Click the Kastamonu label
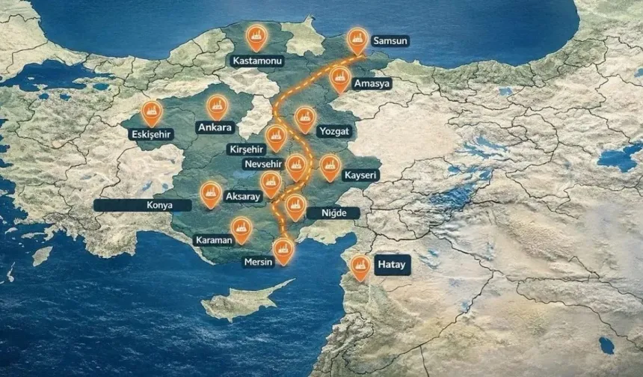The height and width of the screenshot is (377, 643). point(256,59)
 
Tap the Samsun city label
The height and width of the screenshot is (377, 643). point(390,41)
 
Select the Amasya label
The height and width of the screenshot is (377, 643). point(372,83)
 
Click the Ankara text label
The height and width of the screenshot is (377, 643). point(215,127)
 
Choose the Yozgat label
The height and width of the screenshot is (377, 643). point(334,130)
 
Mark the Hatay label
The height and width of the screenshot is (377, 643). point(392,265)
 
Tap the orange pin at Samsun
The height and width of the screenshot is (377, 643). point(358,40)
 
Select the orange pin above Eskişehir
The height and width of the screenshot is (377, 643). point(152,112)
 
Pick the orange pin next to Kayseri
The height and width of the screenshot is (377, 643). point(330,166)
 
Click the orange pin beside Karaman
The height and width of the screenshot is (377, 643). point(241,229)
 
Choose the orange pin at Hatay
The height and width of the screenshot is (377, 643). point(360,267)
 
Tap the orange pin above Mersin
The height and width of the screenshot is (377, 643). point(283,251)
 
